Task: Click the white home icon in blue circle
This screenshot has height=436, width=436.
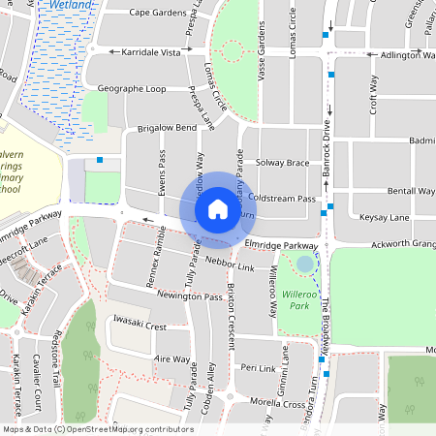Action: point(218,208)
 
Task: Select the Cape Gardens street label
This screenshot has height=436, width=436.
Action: point(157,14)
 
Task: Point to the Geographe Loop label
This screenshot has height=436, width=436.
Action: point(131,88)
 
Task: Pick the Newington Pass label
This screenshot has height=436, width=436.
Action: point(190,296)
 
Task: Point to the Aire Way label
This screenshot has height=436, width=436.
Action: point(172,358)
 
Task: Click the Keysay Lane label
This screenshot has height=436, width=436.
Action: point(385,219)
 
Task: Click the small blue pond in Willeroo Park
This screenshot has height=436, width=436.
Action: point(305,264)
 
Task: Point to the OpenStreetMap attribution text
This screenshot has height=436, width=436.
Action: point(98,428)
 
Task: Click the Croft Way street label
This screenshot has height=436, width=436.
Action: point(374,97)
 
